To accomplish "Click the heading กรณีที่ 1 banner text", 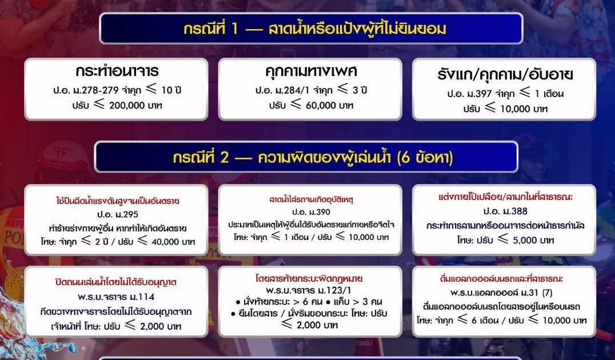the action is click(x=314, y=29).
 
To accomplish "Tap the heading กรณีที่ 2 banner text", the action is click(x=313, y=158).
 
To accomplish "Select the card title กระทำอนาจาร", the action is click(x=117, y=71).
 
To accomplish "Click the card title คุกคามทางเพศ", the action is click(x=311, y=71).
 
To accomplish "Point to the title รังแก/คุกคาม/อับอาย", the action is click(x=505, y=74).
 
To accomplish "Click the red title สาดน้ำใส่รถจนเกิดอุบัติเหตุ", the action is click(x=312, y=199).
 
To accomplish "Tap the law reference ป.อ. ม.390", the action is click(x=312, y=212).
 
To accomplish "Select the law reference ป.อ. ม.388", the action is click(x=505, y=211).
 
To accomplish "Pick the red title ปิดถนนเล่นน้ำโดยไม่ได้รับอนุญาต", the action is click(x=115, y=282).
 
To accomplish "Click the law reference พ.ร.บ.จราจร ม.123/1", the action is click(x=308, y=291).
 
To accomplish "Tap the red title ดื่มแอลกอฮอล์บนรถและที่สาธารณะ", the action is click(x=501, y=279).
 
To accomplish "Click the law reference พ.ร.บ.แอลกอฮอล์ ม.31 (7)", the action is click(x=501, y=293).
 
